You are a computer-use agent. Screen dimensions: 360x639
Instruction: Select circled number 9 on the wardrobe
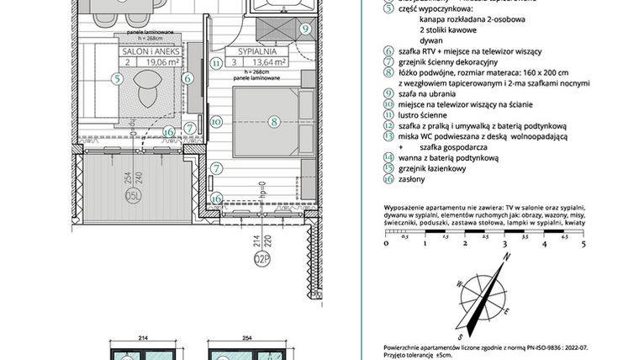[306, 29]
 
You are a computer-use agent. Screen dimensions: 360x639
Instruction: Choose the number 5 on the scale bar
[581, 245]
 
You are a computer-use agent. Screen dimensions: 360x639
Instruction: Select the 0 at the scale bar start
[384, 245]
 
